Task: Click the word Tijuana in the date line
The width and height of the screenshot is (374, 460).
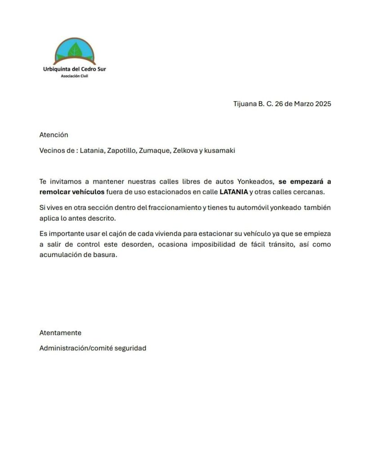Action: click(x=244, y=104)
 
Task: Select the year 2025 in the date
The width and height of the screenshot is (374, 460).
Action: click(x=322, y=104)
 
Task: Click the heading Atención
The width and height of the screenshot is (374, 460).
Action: click(x=53, y=134)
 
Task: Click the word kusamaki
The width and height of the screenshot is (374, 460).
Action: click(x=219, y=150)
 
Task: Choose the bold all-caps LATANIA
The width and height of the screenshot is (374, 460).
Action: click(x=233, y=192)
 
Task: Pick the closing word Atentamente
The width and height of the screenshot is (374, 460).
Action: click(x=60, y=333)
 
